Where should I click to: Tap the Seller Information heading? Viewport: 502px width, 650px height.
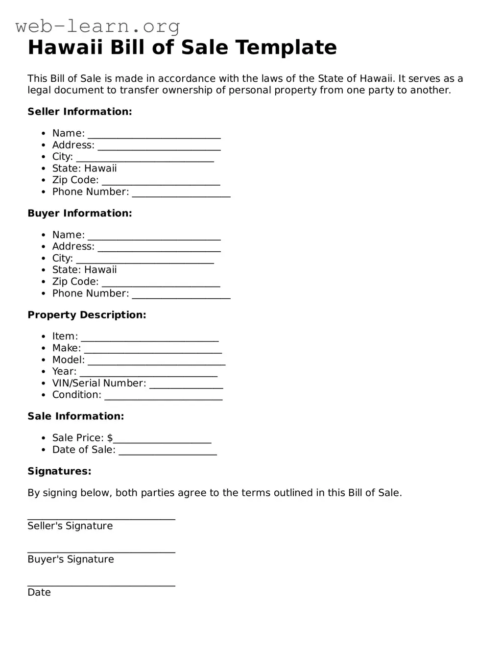point(80,112)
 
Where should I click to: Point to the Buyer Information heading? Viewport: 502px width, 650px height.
point(80,213)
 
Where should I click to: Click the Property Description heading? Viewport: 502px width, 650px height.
point(87,315)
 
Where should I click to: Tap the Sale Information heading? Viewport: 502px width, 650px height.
point(76,416)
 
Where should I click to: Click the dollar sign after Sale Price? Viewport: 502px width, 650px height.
point(110,438)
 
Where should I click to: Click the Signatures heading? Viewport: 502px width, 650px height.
point(59,471)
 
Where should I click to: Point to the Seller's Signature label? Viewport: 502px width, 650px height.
point(70,526)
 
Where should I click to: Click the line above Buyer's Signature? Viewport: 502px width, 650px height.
point(101,552)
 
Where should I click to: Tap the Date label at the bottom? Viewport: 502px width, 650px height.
point(39,593)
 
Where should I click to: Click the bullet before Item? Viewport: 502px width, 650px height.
point(44,337)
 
